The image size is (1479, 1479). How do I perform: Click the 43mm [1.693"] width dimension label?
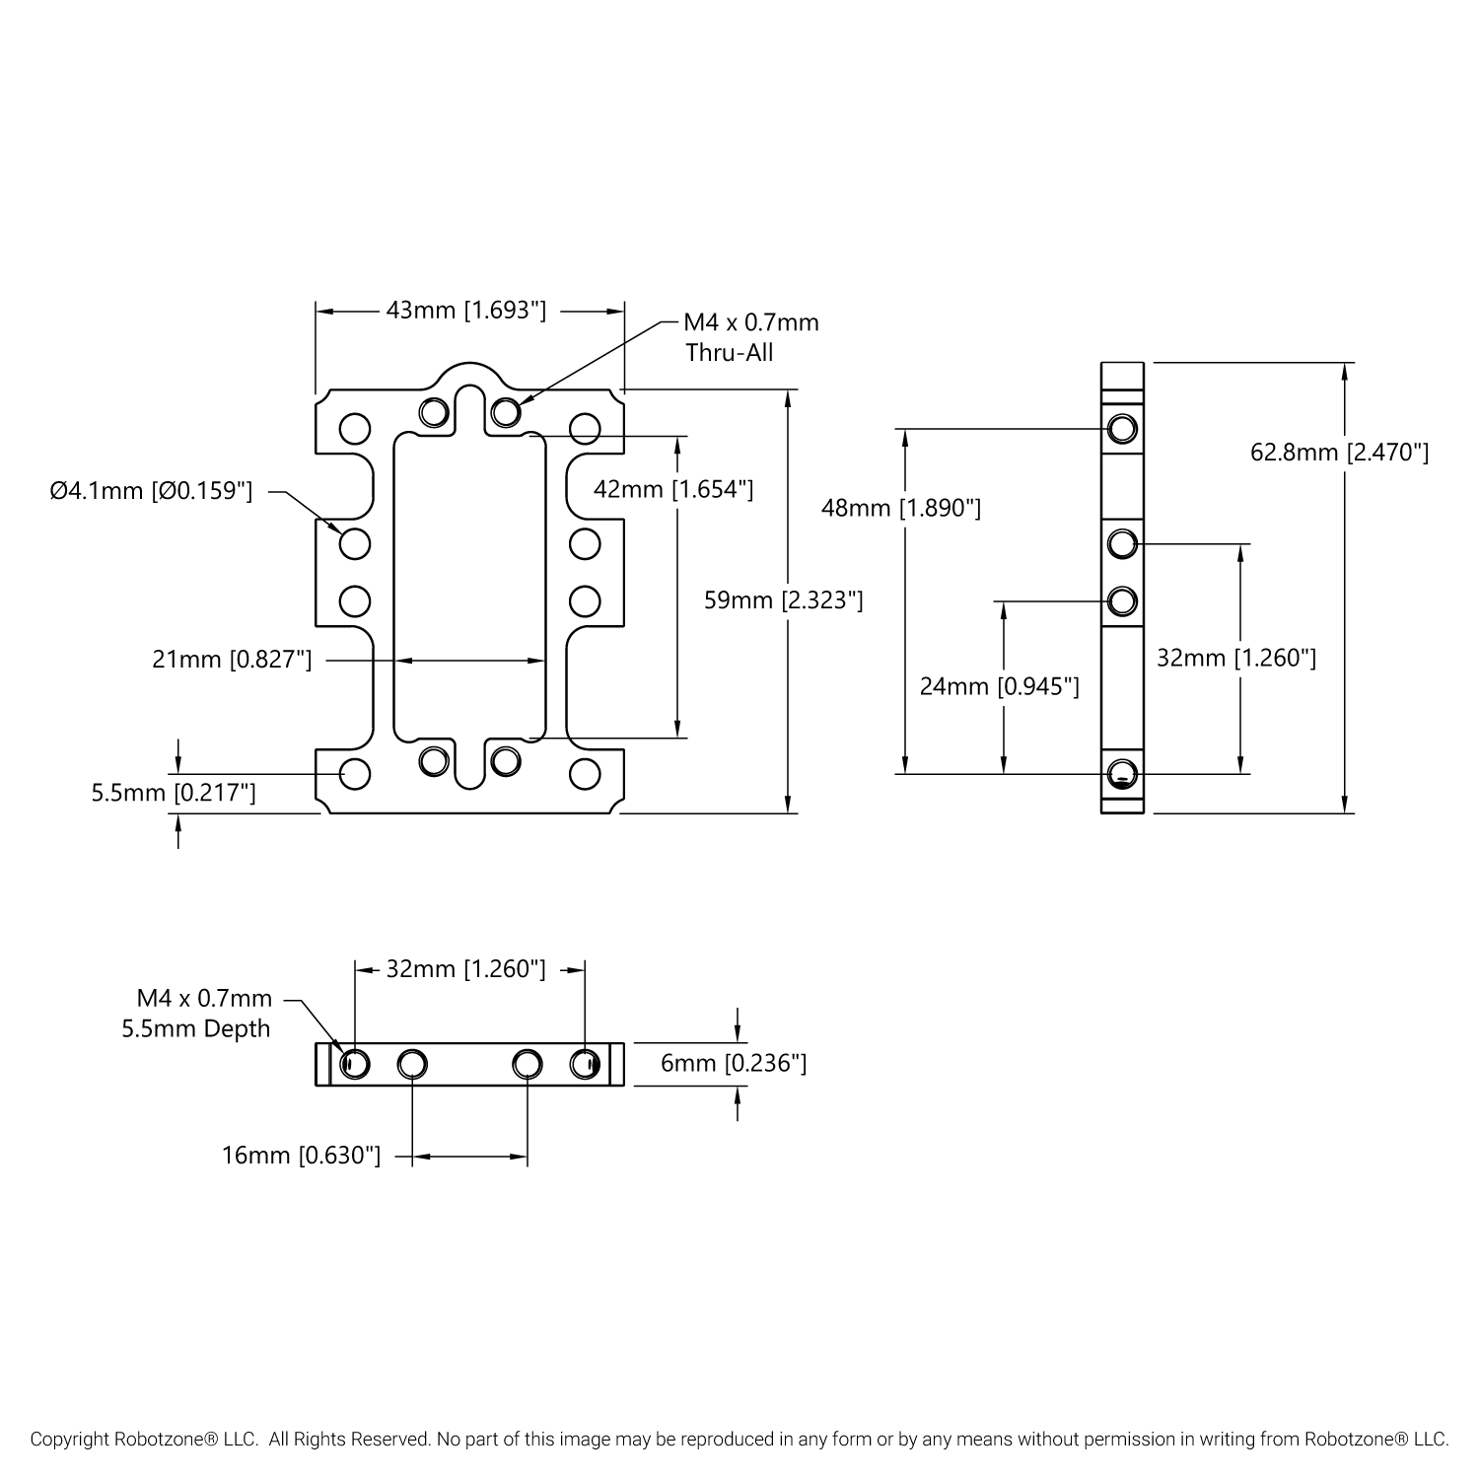pos(465,311)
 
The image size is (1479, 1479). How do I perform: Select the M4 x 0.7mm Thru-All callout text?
pos(751,337)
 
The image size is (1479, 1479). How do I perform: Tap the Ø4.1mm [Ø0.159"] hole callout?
pos(152,490)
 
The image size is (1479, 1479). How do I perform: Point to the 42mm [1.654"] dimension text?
pos(673,488)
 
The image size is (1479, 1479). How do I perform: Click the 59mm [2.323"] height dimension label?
pos(784,599)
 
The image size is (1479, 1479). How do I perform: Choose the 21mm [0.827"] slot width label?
pos(232,659)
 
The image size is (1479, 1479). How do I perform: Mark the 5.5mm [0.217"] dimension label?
pos(174,792)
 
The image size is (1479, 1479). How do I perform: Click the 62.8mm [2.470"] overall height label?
pos(1339,453)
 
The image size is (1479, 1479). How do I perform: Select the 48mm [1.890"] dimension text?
pos(901,508)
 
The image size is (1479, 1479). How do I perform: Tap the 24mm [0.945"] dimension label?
pos(999,685)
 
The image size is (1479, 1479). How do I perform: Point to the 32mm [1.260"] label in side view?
pos(1236,658)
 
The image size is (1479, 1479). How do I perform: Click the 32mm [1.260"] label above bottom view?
pos(465,969)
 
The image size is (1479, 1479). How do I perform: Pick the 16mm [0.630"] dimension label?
pos(301,1155)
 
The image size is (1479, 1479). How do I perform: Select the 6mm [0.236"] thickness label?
pos(734,1063)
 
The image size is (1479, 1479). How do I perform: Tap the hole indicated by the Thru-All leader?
pos(506,410)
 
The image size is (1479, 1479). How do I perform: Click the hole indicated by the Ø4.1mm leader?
pos(355,543)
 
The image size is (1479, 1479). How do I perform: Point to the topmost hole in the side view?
pos(1122,429)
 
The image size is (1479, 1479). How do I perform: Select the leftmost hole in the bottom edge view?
pos(355,1064)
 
